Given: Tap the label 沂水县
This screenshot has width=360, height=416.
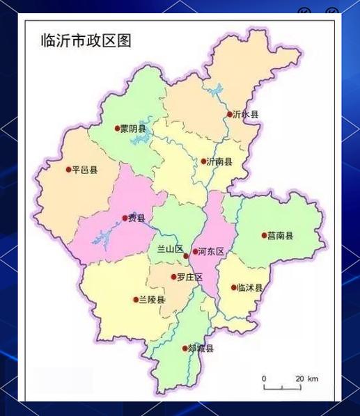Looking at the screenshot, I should click(x=246, y=114).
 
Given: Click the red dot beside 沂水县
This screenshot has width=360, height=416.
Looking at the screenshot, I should click(x=230, y=114).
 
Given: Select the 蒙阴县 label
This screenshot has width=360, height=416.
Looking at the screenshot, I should click(x=133, y=129).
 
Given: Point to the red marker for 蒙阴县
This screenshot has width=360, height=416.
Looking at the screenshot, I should click(x=117, y=128).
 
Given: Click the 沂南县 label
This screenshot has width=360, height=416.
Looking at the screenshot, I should click(x=219, y=161).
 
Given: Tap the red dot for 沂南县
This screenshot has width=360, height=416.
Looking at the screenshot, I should click(x=203, y=161).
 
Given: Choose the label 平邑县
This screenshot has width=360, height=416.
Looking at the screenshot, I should click(x=85, y=169).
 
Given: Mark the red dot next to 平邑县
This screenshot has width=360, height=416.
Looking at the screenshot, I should click(x=68, y=169).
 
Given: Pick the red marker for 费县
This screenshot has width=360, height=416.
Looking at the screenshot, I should click(x=125, y=218).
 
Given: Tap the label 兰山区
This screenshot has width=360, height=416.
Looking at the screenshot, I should click(x=168, y=249).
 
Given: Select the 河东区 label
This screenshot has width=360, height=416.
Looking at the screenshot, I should click(x=212, y=251).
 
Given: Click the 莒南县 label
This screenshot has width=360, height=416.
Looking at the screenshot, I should click(x=281, y=236).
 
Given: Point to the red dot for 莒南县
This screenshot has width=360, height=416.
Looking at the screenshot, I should click(x=264, y=235).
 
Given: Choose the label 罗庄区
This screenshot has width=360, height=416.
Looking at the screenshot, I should click(x=189, y=277).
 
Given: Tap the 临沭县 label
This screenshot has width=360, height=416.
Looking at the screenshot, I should click(x=249, y=287).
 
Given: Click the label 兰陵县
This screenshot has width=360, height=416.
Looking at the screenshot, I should click(x=152, y=300).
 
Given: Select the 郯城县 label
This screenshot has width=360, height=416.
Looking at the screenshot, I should click(x=201, y=349).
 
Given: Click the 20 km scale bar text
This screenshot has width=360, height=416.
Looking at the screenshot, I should click(x=306, y=378).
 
